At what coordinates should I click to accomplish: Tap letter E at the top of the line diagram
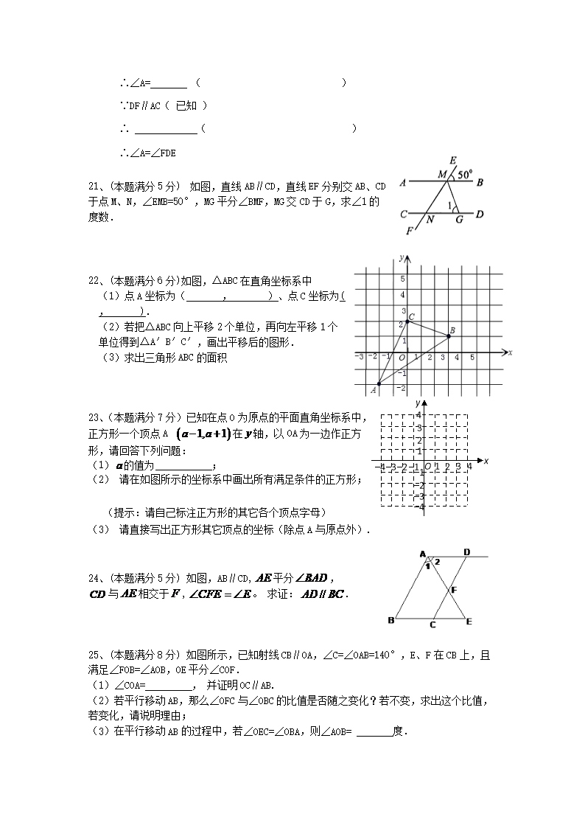[x=452, y=160]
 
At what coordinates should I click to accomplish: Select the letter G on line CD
[x=459, y=219]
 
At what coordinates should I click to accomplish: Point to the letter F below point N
[x=410, y=231]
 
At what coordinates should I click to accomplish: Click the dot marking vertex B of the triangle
[x=449, y=336]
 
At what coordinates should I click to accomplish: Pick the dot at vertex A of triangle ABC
[x=379, y=383]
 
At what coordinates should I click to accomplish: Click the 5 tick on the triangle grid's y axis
[x=403, y=279]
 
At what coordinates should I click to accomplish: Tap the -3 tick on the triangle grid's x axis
[x=360, y=357]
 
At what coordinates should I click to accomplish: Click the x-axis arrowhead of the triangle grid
[x=503, y=352]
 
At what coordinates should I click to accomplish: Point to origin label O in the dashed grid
[x=427, y=467]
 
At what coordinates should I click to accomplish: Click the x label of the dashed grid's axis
[x=486, y=461]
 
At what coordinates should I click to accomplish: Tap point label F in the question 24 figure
[x=454, y=590]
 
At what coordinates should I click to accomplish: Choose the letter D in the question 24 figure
[x=466, y=552]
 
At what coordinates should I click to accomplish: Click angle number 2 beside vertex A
[x=436, y=562]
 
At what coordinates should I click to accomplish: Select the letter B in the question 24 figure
[x=390, y=620]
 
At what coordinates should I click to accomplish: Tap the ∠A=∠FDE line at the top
[x=147, y=153]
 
